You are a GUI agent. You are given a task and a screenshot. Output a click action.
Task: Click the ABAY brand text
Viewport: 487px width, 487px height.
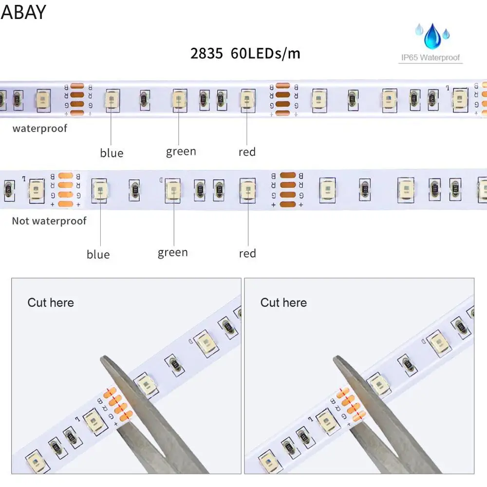(23, 12)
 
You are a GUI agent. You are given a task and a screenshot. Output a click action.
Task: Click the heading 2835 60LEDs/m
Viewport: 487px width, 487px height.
(245, 53)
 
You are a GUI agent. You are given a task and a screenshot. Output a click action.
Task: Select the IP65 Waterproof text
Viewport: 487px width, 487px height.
(430, 58)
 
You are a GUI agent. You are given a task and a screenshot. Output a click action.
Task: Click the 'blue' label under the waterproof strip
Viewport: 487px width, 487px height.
(112, 153)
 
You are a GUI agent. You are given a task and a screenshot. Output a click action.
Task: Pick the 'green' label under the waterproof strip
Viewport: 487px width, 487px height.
(181, 151)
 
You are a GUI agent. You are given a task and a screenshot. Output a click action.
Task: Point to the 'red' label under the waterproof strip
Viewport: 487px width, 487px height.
(247, 152)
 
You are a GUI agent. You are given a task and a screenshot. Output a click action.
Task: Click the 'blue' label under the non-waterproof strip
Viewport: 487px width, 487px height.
(98, 254)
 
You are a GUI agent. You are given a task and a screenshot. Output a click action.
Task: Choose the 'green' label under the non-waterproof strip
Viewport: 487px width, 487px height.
(172, 252)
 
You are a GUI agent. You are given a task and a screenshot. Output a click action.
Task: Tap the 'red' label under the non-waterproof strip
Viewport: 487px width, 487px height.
(247, 253)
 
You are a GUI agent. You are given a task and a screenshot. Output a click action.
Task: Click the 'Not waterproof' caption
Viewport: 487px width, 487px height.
(49, 221)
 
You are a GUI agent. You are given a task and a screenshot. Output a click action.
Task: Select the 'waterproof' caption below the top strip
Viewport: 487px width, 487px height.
(40, 129)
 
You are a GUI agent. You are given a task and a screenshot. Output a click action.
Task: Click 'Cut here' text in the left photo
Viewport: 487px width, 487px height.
(51, 302)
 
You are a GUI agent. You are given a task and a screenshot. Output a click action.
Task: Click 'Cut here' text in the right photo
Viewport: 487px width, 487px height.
(283, 302)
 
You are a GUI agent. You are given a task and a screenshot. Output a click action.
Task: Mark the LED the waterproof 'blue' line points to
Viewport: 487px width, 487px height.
(111, 100)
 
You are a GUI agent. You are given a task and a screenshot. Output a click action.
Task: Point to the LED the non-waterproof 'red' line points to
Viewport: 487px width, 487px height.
(247, 188)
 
